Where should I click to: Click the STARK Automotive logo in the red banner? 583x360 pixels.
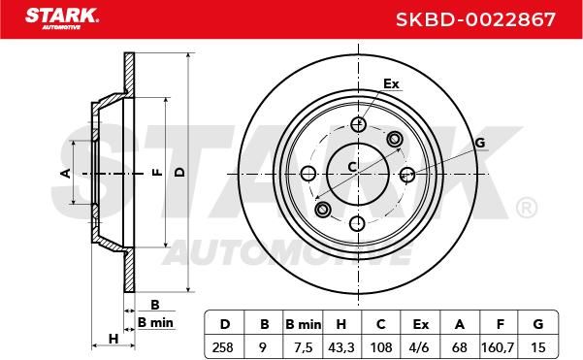(62, 18)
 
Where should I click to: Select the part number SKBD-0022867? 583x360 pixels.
(475, 19)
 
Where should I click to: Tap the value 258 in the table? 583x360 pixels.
(223, 347)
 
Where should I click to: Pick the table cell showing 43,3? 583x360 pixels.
(341, 347)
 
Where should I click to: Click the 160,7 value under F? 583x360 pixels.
(499, 347)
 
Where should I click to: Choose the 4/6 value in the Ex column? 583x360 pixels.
(419, 347)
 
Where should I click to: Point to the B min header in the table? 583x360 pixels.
(303, 324)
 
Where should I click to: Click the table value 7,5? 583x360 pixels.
(304, 347)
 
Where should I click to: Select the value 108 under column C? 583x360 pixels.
(381, 347)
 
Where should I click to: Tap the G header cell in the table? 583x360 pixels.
(538, 324)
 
